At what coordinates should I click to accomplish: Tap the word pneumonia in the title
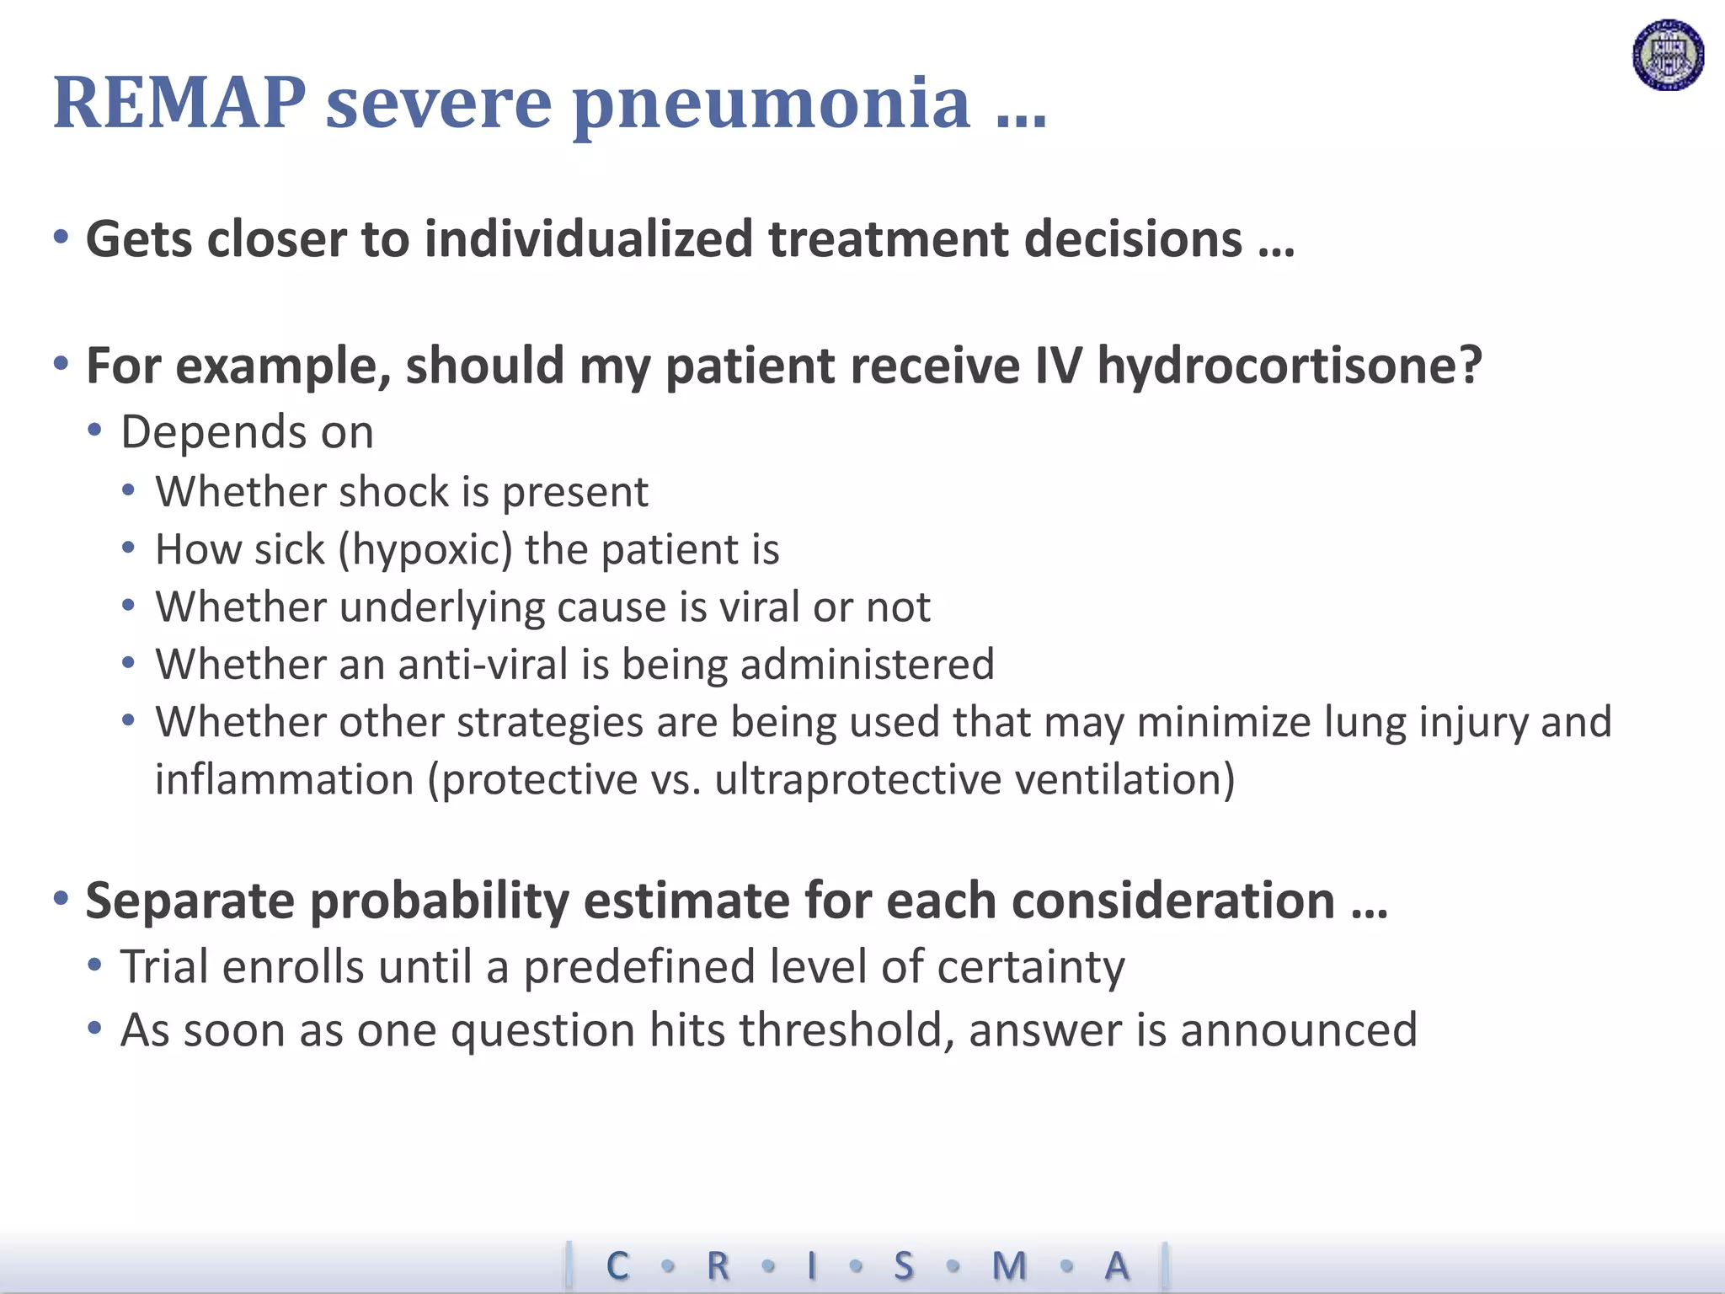coord(771,105)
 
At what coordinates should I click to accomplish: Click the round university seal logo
coord(1668,55)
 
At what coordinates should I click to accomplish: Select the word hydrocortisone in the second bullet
coord(1289,366)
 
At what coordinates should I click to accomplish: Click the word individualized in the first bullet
coord(589,238)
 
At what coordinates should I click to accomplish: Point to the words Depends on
coord(247,432)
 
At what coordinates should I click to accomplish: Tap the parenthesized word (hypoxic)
coord(425,550)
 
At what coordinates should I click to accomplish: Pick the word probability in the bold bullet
coord(441,901)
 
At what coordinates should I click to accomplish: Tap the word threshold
coord(846,1030)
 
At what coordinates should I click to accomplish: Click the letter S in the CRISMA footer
coord(904,1265)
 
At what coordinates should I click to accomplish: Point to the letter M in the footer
coord(1009,1265)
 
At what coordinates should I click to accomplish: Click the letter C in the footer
coord(617,1265)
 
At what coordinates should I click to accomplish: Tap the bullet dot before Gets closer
coord(61,238)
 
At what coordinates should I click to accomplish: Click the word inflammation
coord(285,779)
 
